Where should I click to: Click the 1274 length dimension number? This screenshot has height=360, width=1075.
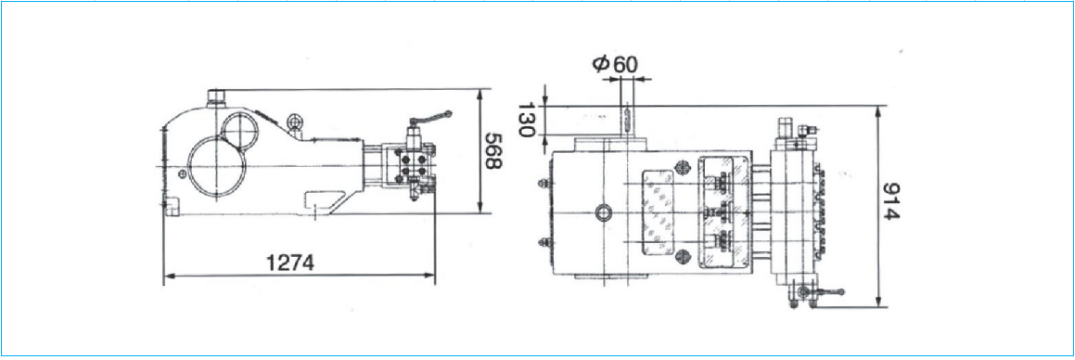289,263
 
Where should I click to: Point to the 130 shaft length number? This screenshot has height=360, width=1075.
526,120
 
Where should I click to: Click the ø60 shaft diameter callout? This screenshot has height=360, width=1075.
614,64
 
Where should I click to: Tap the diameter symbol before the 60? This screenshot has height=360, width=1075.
600,64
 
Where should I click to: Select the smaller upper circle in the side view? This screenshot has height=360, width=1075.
240,131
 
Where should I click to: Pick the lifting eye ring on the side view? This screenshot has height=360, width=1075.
295,122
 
